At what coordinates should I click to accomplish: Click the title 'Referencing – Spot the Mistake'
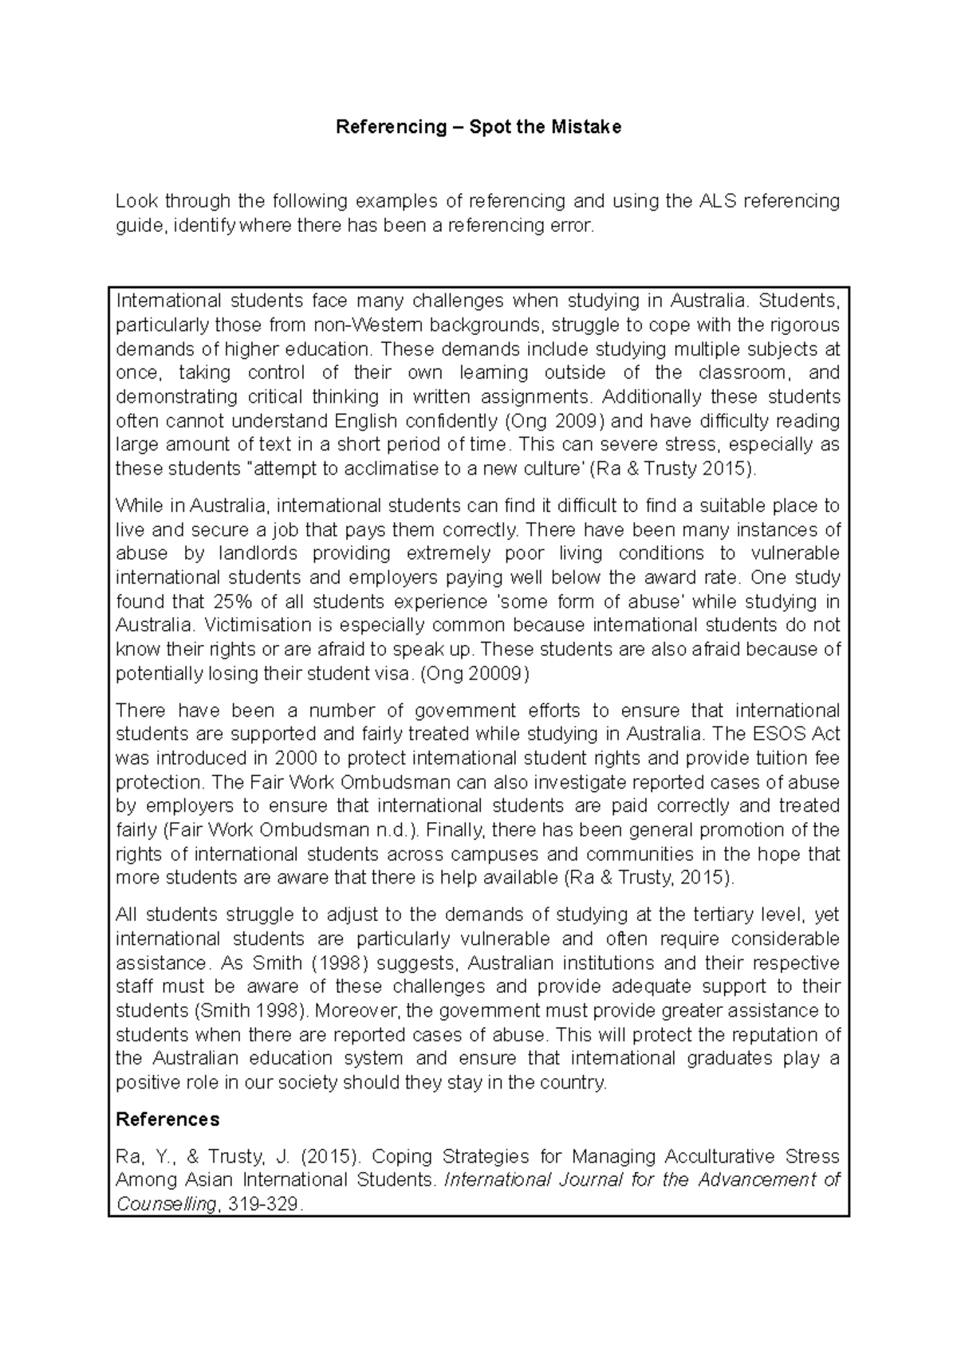point(478,127)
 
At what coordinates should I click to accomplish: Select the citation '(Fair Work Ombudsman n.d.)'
point(290,829)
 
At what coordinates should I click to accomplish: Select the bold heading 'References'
point(167,1120)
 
